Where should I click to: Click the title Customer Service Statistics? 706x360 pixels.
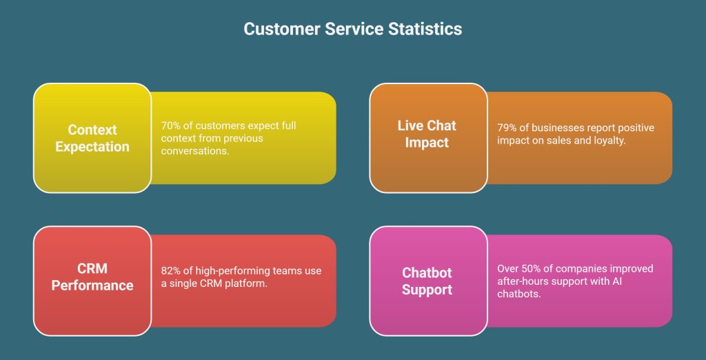point(352,29)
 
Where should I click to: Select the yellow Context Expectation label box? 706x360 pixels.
point(92,138)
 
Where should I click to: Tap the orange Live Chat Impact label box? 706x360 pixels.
point(427,138)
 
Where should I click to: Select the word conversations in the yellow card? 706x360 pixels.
point(196,151)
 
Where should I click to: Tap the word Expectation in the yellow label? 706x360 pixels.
point(92,147)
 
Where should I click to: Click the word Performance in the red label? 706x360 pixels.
point(92,286)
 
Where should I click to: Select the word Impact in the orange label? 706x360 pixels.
point(427,143)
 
